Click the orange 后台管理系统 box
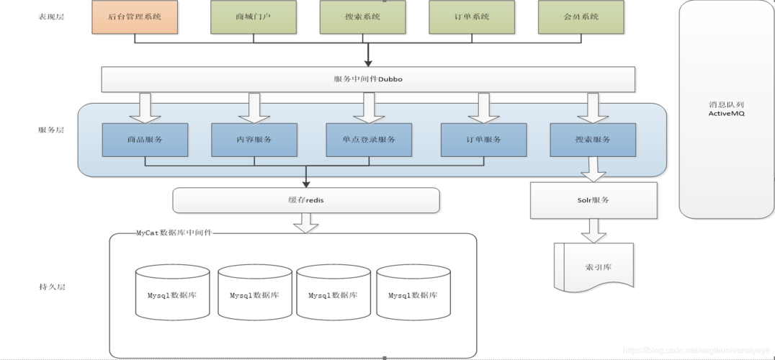(135, 17)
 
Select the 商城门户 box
(254, 17)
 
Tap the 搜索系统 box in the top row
(363, 17)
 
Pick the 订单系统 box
(472, 17)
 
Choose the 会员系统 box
(581, 17)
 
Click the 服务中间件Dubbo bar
(368, 79)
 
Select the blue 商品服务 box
(145, 140)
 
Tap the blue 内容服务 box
(254, 140)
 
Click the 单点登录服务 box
(369, 140)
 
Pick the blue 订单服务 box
(483, 140)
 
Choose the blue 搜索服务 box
(593, 140)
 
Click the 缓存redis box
(306, 200)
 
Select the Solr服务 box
(593, 200)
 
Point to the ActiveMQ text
(725, 113)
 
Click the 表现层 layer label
(51, 17)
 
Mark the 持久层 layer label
(51, 287)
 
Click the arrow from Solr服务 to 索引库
(593, 230)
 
